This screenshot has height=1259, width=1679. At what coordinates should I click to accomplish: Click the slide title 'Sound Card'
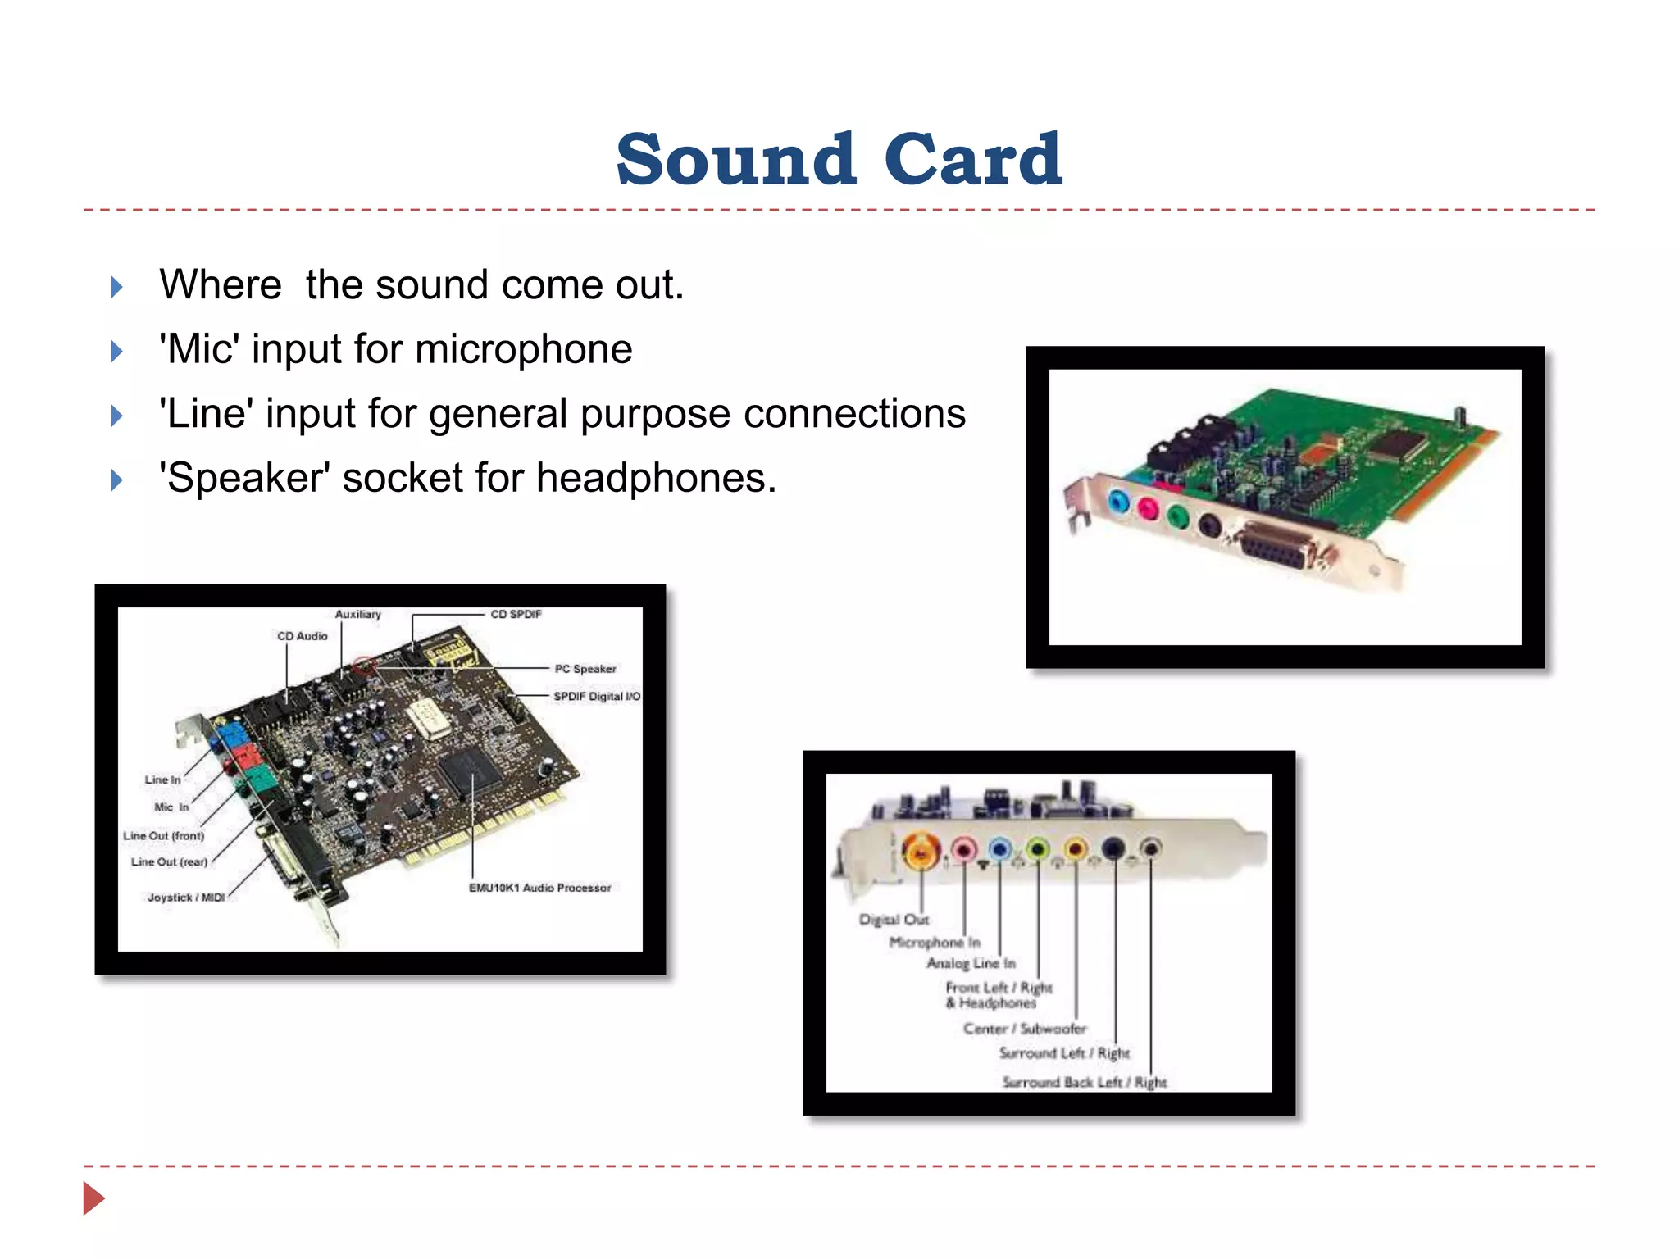click(x=839, y=159)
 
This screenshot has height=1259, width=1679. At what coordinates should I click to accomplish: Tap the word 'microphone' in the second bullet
click(x=524, y=349)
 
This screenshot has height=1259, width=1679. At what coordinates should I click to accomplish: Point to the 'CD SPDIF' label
click(x=516, y=614)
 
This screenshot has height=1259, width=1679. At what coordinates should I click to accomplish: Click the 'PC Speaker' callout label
click(x=585, y=669)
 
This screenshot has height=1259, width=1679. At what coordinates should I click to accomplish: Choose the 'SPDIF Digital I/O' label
click(x=596, y=696)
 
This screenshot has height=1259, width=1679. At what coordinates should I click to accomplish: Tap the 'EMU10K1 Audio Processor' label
click(x=539, y=888)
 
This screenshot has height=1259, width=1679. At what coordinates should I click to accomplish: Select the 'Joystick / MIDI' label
click(x=186, y=898)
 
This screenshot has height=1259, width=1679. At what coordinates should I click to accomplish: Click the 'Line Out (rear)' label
click(x=169, y=862)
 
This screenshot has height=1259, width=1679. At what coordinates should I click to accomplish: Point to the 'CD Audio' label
click(x=302, y=636)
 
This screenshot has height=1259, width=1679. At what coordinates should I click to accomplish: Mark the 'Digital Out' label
click(x=894, y=920)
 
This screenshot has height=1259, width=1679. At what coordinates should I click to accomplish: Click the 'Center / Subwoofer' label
click(x=1025, y=1029)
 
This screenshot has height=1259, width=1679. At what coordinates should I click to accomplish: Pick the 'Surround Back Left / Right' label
click(x=1084, y=1082)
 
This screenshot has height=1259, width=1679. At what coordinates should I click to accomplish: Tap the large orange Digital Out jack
click(x=921, y=852)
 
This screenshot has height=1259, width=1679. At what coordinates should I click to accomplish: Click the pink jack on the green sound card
click(x=1148, y=510)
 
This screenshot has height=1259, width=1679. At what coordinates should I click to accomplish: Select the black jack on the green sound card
click(x=1210, y=525)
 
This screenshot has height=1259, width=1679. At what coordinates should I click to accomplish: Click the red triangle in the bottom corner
click(x=93, y=1198)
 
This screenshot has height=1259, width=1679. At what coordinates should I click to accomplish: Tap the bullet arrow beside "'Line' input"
click(x=116, y=416)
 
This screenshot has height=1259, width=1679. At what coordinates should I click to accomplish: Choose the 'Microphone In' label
click(x=935, y=943)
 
